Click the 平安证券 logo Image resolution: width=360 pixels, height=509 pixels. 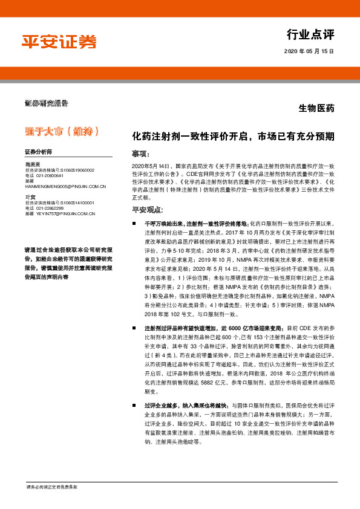tap(59, 41)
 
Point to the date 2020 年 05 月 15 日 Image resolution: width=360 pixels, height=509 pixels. tap(309, 52)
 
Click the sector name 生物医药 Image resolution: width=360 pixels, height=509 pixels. tap(316, 109)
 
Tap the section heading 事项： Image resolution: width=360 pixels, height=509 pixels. tap(143, 154)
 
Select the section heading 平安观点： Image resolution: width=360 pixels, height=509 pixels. tap(148, 210)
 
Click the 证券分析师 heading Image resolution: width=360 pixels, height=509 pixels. tap(39, 151)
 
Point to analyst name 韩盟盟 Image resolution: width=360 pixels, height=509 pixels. tap(33, 164)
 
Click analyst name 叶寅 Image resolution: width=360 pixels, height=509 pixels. tap(30, 197)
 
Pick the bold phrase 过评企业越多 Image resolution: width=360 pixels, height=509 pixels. tap(161, 388)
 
